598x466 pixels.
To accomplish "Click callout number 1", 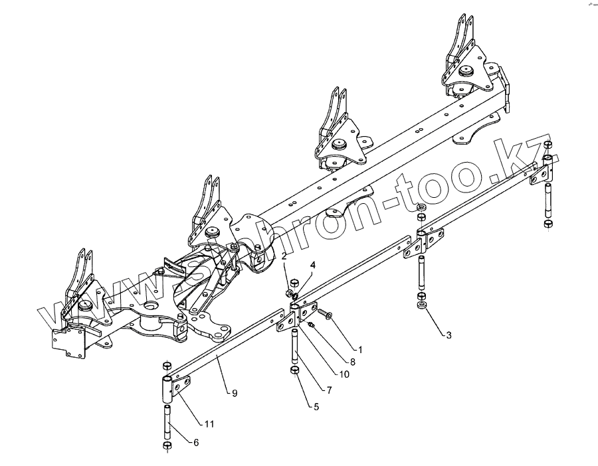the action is click(359, 349).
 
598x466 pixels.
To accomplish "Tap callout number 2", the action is click(284, 256).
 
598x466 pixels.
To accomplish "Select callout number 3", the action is click(448, 335).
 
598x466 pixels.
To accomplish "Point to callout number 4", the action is click(294, 265).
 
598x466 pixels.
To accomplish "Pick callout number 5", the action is click(316, 406).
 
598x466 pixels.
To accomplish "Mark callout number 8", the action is click(353, 362).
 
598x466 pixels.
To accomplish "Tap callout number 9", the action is click(234, 393).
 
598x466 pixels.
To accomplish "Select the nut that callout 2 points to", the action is click(288, 289).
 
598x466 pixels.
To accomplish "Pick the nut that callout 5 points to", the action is click(294, 368).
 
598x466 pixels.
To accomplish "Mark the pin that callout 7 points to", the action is click(293, 345).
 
